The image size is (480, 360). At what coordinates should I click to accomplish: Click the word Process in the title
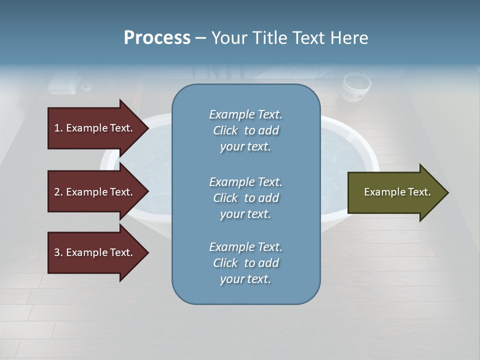click(157, 38)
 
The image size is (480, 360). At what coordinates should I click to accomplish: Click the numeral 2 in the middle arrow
click(57, 192)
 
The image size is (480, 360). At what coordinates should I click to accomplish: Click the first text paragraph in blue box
click(245, 130)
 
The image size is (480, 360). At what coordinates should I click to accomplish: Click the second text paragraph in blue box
click(245, 198)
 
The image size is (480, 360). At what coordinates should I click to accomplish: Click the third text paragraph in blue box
click(245, 263)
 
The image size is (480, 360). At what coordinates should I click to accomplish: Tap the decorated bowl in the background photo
click(356, 87)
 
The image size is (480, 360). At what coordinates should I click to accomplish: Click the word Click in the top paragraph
click(225, 130)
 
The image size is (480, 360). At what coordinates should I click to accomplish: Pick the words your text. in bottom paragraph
click(245, 279)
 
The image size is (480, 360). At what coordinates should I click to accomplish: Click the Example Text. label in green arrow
click(397, 192)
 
